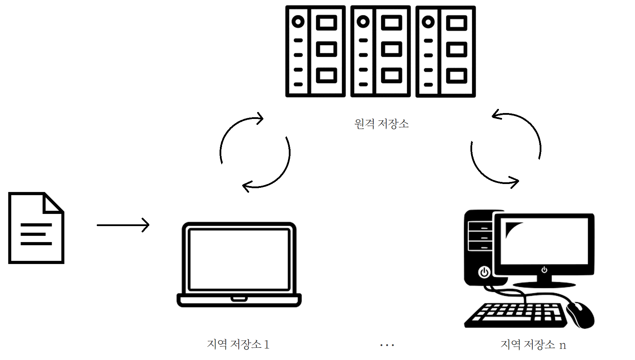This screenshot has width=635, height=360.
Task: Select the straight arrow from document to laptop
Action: tap(122, 225)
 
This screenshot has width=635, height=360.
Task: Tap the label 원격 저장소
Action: tap(381, 124)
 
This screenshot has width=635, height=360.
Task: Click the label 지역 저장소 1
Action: tap(238, 344)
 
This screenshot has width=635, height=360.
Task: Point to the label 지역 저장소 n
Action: tap(533, 344)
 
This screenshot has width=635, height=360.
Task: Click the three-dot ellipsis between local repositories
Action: tap(387, 345)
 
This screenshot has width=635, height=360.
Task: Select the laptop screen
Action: tap(239, 259)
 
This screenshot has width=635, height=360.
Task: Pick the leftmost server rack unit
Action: tap(315, 51)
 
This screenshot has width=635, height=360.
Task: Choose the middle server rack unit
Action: tap(380, 51)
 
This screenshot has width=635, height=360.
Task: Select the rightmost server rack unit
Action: tap(445, 51)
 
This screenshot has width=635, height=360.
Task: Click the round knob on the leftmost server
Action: tap(298, 22)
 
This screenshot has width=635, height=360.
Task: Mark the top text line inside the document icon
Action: tap(36, 225)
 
